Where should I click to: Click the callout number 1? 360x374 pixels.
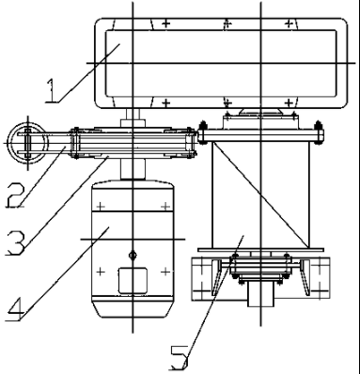52,90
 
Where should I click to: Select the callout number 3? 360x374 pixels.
16,242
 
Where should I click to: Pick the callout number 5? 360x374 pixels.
180,358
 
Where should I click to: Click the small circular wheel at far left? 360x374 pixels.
28,143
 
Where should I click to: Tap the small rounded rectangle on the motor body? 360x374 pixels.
133,280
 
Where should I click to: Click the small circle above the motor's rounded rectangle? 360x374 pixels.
133,256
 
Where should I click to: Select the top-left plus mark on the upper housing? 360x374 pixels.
166,23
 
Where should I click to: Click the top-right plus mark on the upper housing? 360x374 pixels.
290,23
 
